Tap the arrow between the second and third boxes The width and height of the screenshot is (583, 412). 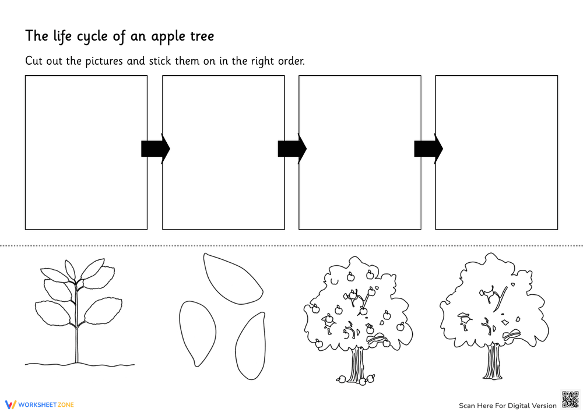pyautogui.click(x=291, y=149)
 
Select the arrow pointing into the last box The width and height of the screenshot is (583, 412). pyautogui.click(x=428, y=149)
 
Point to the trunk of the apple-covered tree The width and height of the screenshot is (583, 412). pyautogui.click(x=356, y=364)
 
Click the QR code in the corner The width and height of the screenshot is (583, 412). pyautogui.click(x=570, y=399)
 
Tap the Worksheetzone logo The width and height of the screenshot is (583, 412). pyautogui.click(x=40, y=404)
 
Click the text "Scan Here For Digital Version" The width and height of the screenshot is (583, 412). pyautogui.click(x=507, y=406)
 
